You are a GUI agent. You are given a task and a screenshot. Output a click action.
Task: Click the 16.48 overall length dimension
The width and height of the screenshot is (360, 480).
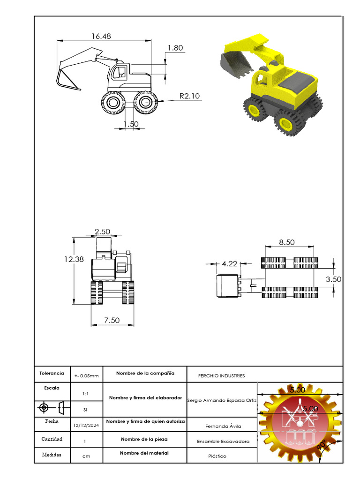tap(102, 36)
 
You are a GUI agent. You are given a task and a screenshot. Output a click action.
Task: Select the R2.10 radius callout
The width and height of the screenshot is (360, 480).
tap(189, 96)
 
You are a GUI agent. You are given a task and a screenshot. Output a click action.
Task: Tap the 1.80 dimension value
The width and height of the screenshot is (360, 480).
tap(175, 48)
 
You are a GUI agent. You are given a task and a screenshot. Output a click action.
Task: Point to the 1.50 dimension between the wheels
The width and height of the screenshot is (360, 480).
tap(131, 124)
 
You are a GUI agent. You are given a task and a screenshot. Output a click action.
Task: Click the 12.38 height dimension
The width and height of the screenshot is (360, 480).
tap(74, 259)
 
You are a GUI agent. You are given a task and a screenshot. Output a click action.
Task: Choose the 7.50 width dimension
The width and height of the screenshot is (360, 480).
tap(112, 320)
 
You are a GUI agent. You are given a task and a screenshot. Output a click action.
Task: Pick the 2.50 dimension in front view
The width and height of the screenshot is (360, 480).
tap(102, 232)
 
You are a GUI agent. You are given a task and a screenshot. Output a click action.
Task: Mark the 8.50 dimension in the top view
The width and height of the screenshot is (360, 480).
tap(287, 242)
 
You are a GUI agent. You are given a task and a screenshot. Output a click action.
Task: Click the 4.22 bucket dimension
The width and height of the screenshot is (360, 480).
tap(229, 264)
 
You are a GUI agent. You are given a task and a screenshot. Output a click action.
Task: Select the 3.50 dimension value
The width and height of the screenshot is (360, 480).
tap(333, 279)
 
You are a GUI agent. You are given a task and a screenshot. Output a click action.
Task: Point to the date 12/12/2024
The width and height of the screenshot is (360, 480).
tap(86, 426)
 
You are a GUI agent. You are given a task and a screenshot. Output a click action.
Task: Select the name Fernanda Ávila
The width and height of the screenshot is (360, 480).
tap(222, 427)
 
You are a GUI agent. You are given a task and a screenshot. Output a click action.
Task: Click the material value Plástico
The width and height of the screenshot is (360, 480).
tap(217, 456)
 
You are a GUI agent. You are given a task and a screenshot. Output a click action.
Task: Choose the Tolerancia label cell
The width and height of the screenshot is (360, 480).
tap(52, 374)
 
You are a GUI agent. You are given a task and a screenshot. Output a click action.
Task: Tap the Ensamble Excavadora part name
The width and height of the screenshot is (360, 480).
tap(223, 442)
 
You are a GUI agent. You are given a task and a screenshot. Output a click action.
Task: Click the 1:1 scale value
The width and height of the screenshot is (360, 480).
tap(86, 394)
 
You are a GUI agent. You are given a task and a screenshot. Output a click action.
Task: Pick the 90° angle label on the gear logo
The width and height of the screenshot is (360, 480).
tap(322, 445)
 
